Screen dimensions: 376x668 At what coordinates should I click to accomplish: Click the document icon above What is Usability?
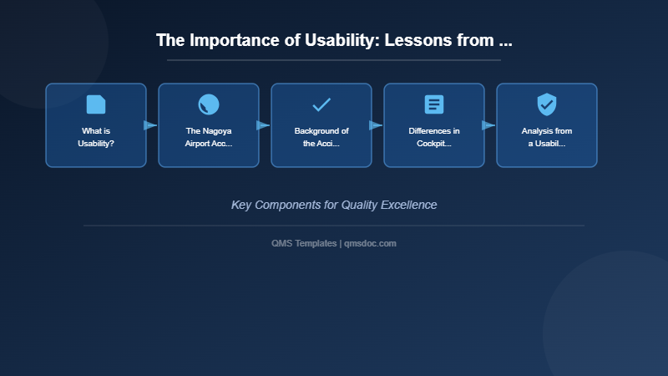tap(96, 104)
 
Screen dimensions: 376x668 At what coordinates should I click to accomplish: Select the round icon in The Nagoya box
tap(209, 104)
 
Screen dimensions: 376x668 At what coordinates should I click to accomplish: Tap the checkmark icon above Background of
tap(321, 104)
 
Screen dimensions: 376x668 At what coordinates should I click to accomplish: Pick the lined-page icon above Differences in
tap(434, 104)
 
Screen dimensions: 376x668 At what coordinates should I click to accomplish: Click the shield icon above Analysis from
tap(547, 104)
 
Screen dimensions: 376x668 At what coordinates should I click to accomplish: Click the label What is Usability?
tap(96, 137)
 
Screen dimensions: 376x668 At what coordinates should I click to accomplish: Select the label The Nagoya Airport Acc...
tap(209, 137)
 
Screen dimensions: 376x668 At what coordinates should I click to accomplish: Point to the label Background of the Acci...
tap(321, 137)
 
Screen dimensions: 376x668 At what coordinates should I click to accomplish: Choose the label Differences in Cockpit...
tap(434, 137)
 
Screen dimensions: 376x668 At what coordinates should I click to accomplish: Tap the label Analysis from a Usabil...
tap(547, 137)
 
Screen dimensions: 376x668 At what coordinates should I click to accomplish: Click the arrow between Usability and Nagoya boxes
tap(150, 125)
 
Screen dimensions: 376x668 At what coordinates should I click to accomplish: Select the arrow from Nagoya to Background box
tap(263, 125)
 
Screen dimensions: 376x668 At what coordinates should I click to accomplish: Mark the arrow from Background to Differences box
tap(376, 125)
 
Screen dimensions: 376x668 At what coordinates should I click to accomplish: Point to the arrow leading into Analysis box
tap(488, 125)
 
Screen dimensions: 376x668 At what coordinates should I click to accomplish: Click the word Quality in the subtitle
tap(360, 205)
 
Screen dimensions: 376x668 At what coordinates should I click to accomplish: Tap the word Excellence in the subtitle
tap(409, 205)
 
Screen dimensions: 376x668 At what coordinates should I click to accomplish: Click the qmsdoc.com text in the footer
tap(370, 243)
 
